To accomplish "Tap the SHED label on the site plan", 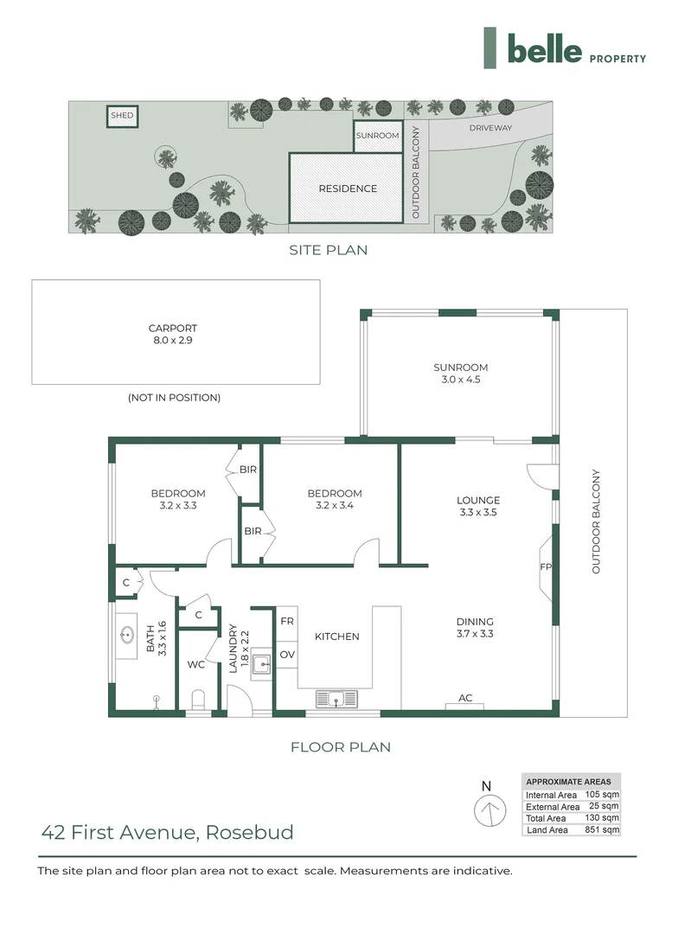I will (x=122, y=115).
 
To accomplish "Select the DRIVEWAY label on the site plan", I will (x=490, y=128).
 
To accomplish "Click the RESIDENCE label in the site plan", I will (x=348, y=189).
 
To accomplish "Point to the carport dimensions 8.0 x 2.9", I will (x=173, y=342).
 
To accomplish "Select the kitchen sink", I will (x=335, y=698).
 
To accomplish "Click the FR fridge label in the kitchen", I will (x=286, y=622).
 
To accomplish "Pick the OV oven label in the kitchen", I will (x=286, y=655).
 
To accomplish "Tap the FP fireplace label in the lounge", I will (x=547, y=568).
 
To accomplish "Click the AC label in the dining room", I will (x=465, y=697).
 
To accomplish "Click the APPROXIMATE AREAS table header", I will (x=569, y=782).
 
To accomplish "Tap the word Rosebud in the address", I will (x=252, y=833).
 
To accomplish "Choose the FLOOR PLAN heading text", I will (x=340, y=746).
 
